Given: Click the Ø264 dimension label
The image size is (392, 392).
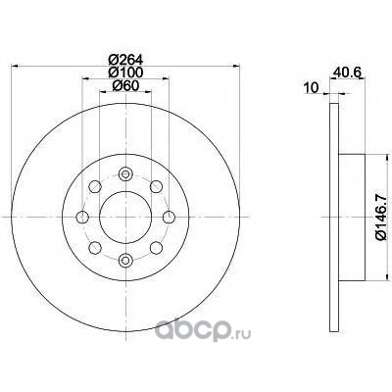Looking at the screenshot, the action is (125, 60).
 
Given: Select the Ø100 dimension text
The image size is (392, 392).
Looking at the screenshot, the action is (125, 72).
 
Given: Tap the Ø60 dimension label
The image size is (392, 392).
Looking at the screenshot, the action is (125, 85).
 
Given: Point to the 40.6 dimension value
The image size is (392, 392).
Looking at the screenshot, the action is (347, 72).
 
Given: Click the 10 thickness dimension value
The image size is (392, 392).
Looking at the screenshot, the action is (311, 88).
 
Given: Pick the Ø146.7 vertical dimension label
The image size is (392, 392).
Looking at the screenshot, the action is (382, 217).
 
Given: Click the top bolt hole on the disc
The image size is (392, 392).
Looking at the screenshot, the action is (125, 173).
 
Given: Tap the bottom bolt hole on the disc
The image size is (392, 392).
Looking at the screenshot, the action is (125, 260).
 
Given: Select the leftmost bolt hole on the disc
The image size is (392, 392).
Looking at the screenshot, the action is (82, 217).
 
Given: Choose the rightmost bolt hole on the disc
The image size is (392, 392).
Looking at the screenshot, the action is (169, 217).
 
